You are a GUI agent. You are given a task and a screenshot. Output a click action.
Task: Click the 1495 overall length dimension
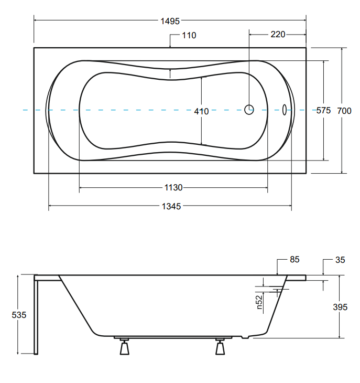tap(171, 21)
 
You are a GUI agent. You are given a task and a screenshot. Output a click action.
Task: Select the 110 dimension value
tap(189, 36)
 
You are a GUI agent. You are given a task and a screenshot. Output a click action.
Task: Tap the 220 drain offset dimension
tap(278, 35)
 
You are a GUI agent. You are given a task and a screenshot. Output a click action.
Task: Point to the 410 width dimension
tap(201, 111)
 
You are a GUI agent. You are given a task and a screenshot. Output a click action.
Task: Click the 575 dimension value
tap(324, 111)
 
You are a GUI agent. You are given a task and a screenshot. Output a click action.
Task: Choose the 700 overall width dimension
tap(344, 111)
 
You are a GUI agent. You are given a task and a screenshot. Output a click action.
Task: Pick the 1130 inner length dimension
tap(173, 188)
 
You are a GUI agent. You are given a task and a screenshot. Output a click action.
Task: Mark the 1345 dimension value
tap(171, 207)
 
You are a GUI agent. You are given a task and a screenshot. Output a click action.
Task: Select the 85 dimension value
tap(294, 260)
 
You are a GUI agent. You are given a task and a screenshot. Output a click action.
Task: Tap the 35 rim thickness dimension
tap(340, 260)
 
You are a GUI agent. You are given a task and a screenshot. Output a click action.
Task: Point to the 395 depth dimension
tap(340, 307)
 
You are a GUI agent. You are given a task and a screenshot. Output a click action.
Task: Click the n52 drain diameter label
tap(260, 302)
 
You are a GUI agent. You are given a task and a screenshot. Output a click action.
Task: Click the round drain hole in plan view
tap(249, 110)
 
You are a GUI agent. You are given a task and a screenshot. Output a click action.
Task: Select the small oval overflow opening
tap(285, 110)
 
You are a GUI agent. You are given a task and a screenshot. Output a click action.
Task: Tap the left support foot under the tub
tap(124, 347)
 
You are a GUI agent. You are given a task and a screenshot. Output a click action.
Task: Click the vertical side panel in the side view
tap(36, 316)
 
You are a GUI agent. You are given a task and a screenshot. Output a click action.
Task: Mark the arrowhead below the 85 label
tap(277, 272)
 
